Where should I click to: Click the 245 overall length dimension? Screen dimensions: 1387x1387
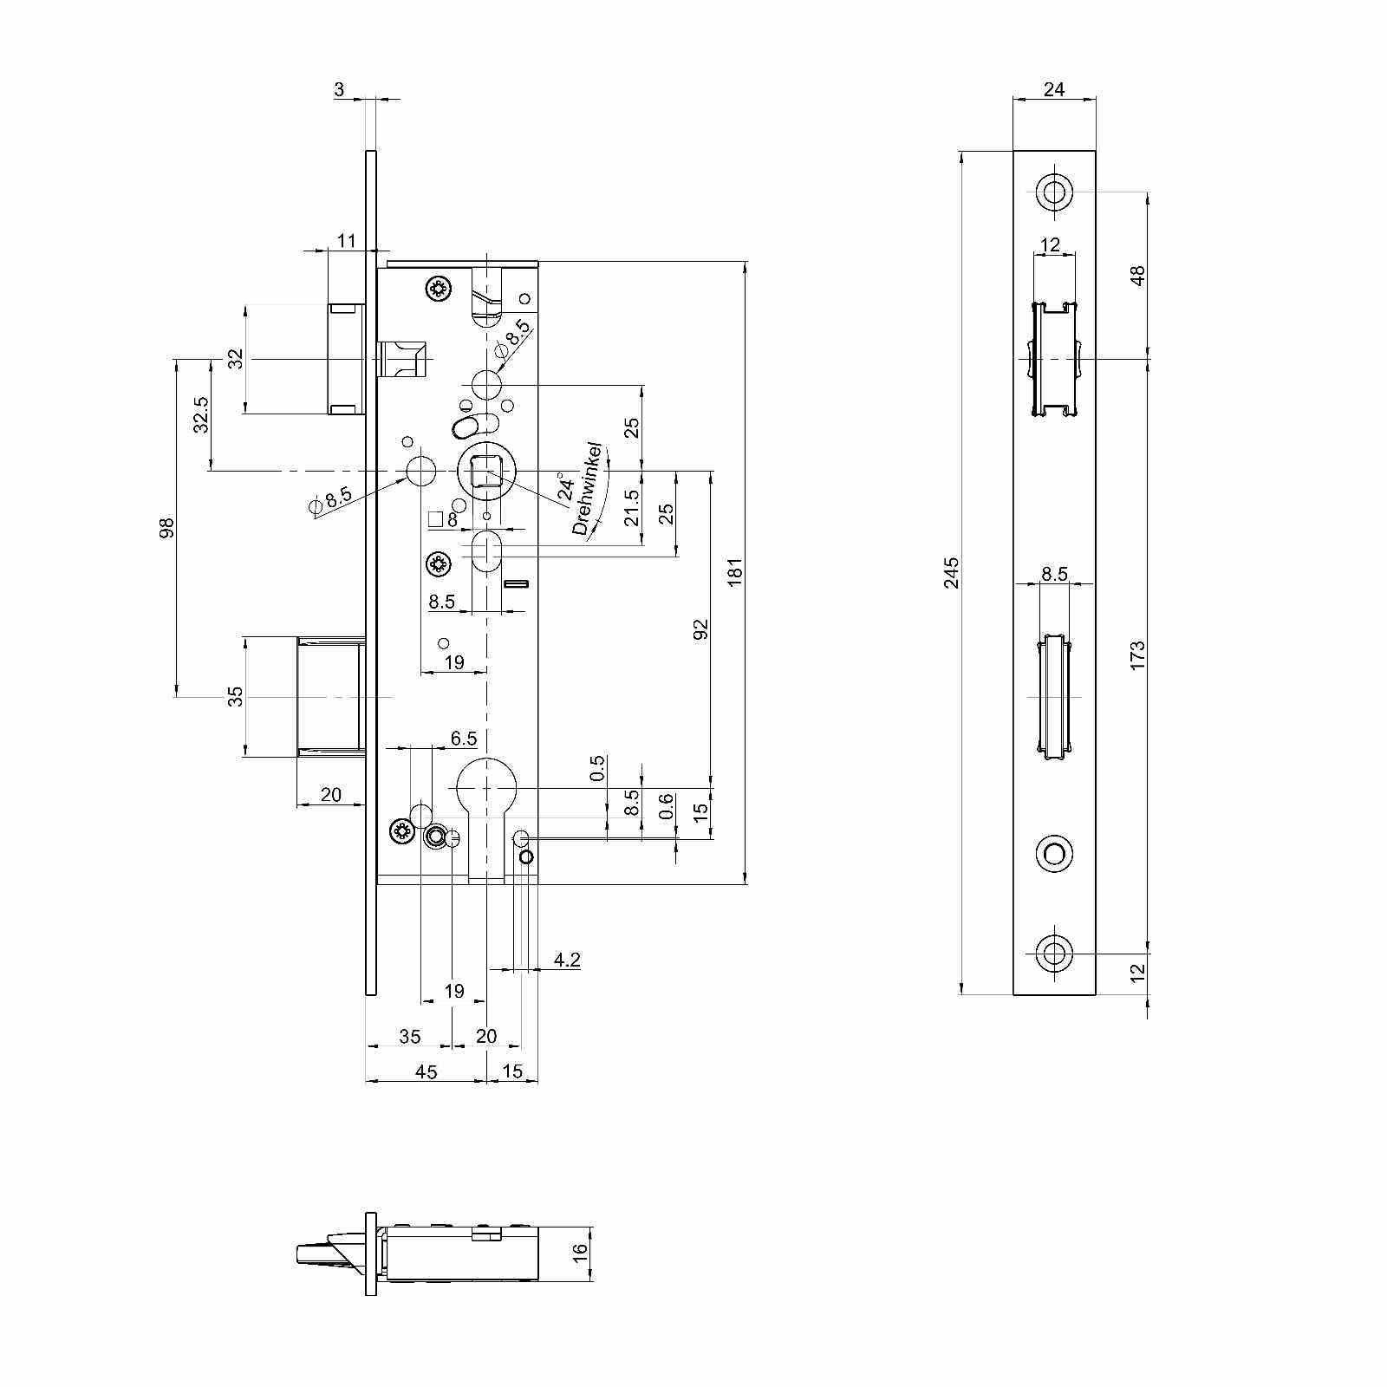click(952, 573)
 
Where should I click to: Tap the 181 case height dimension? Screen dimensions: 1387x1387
click(736, 573)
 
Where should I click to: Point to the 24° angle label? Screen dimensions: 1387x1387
click(564, 486)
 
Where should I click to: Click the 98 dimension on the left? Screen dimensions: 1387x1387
click(167, 527)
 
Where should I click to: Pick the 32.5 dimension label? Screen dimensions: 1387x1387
click(201, 414)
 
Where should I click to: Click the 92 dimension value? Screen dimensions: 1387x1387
click(701, 628)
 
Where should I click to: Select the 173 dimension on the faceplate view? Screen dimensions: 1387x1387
click(1138, 653)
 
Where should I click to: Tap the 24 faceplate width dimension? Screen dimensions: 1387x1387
click(1054, 88)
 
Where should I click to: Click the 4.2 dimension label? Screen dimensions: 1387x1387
click(566, 960)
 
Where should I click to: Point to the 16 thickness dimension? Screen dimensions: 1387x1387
click(580, 1252)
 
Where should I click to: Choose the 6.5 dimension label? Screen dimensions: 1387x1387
click(464, 739)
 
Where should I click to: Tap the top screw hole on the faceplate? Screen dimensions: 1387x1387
click(1054, 191)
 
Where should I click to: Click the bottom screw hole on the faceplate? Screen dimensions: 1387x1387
click(1054, 953)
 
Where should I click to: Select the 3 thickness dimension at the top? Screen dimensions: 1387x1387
click(339, 89)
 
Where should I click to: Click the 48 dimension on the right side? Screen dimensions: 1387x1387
click(1138, 274)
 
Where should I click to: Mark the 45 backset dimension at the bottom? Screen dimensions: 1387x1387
click(427, 1071)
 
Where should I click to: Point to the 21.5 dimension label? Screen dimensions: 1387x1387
click(632, 507)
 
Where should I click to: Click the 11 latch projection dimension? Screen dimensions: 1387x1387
click(347, 240)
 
